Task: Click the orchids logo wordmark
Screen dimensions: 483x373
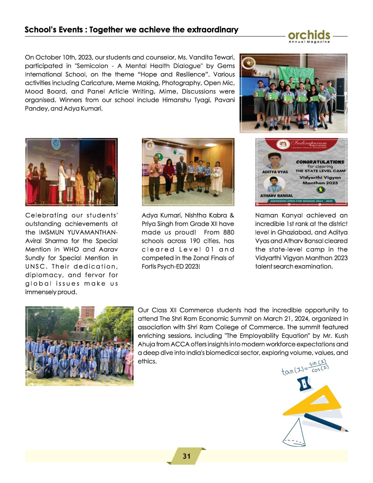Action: click(x=309, y=35)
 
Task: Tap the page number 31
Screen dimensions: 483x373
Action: click(x=186, y=456)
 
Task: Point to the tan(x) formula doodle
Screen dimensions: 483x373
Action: click(x=305, y=368)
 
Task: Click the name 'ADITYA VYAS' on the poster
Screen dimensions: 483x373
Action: click(x=275, y=172)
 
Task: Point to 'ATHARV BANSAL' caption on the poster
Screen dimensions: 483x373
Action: click(x=276, y=196)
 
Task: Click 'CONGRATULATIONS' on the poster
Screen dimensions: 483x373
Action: click(x=320, y=162)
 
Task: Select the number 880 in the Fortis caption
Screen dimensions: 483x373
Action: click(x=228, y=232)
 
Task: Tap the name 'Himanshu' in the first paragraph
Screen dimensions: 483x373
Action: click(x=178, y=100)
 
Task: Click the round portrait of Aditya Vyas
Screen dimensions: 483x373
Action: click(x=274, y=160)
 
